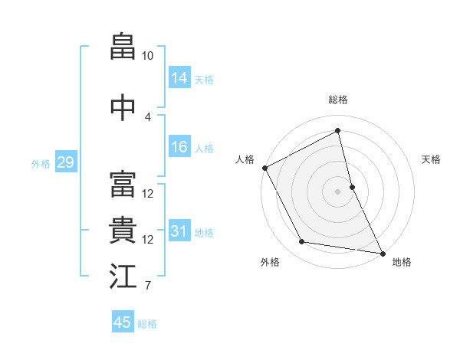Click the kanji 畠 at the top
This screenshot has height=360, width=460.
[123, 46]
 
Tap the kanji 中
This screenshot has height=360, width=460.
[123, 107]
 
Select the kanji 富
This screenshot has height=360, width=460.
[123, 184]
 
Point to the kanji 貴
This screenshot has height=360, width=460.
[123, 230]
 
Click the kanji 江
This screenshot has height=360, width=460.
[123, 276]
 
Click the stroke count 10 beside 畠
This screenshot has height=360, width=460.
[147, 56]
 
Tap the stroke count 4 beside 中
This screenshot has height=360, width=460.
[147, 117]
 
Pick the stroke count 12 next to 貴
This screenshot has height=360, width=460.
[147, 240]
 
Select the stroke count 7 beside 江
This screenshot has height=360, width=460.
[148, 285]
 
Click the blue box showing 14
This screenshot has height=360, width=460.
[179, 77]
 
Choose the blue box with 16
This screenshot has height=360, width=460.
[179, 146]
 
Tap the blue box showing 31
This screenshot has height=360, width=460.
[179, 230]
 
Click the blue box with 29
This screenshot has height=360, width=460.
[66, 162]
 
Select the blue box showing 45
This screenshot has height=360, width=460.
[123, 321]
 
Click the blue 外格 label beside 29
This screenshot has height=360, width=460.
[41, 164]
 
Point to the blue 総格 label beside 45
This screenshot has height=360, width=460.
[147, 324]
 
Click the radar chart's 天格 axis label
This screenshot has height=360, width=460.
[431, 159]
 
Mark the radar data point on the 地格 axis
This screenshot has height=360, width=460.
[383, 254]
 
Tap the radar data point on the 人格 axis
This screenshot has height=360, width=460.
[265, 168]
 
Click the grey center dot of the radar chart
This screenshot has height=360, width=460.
[337, 191]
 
